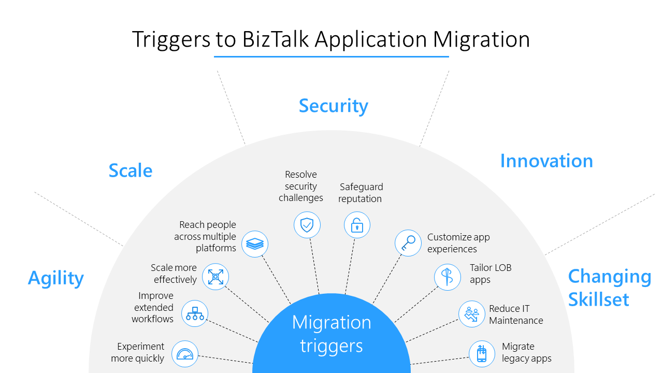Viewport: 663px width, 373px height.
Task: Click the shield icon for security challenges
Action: tap(307, 225)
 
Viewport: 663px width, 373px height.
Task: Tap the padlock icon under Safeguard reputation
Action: tap(357, 225)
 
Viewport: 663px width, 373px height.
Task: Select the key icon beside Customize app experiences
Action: tap(408, 243)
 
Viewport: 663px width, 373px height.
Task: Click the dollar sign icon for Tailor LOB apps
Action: tap(448, 277)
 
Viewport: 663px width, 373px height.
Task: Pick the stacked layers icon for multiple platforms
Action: tap(255, 243)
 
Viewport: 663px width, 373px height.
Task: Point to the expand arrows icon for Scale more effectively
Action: tap(215, 277)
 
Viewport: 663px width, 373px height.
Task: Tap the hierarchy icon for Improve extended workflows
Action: tap(195, 313)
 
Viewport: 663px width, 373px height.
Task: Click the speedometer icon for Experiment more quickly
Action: tap(185, 354)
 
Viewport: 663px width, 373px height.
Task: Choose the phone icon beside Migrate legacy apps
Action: tap(482, 354)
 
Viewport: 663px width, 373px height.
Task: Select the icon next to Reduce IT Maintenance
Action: tap(472, 314)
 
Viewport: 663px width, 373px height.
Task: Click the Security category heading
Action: tap(334, 106)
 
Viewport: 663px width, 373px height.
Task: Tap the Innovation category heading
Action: tap(546, 161)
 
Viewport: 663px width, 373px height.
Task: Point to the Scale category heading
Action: tap(131, 170)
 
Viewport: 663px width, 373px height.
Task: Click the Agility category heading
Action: tap(56, 278)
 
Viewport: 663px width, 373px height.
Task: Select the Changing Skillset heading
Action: tap(609, 288)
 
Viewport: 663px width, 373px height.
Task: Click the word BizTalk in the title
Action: tap(277, 40)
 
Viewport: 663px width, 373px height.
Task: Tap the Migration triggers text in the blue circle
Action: tap(331, 334)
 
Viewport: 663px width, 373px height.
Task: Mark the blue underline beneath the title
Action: tap(331, 56)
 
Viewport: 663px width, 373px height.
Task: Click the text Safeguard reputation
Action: tap(361, 193)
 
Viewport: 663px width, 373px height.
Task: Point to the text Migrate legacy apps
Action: tap(526, 352)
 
